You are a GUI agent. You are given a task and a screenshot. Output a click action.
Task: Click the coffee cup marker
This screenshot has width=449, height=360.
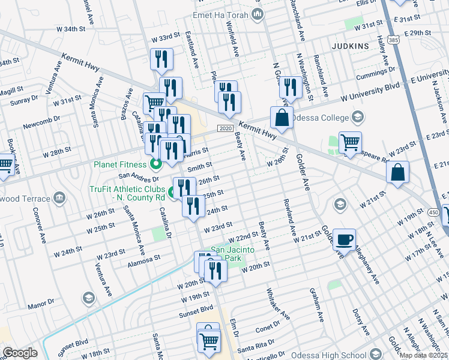pos(345,240)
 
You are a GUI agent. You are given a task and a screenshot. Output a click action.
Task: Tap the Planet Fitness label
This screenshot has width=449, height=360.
pos(119,164)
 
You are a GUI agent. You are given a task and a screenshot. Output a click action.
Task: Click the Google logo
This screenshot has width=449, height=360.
pos(20,353)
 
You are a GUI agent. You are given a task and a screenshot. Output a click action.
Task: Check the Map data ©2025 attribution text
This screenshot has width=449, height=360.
pos(423,355)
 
